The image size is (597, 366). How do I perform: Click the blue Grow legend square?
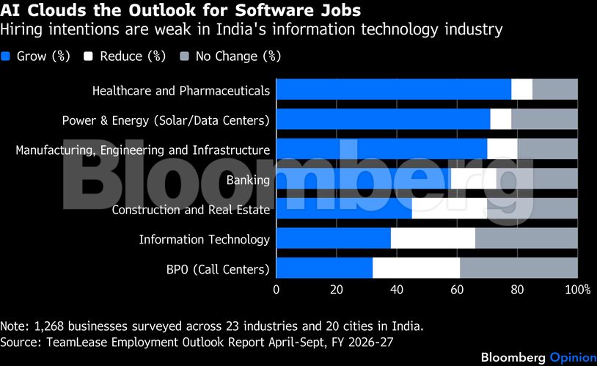point(6,56)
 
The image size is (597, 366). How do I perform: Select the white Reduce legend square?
point(89,56)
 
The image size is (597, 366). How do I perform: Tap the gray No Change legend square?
point(184,56)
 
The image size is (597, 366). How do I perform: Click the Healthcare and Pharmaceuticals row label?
point(180,91)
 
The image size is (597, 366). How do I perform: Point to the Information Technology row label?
point(204,239)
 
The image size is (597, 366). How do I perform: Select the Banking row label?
point(248,180)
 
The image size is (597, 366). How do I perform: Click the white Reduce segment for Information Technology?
point(433,239)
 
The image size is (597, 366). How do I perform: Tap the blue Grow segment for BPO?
point(324,268)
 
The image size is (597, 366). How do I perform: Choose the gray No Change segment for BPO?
point(519,268)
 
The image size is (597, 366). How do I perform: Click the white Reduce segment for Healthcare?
point(521,89)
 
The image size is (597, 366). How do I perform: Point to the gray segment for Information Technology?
point(526,239)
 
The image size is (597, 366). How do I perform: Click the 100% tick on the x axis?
point(578,290)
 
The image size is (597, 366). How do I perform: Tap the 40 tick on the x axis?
point(397,290)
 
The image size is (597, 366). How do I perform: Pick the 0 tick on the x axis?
point(276,290)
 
